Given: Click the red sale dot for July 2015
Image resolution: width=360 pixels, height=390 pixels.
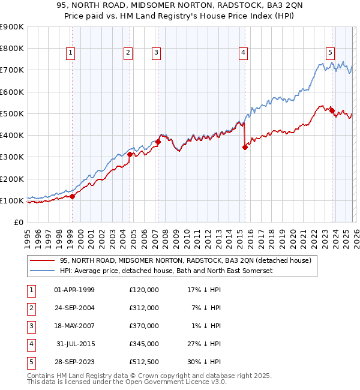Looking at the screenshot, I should pos(245,147).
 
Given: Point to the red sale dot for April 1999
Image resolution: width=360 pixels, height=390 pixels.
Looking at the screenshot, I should pos(72,196).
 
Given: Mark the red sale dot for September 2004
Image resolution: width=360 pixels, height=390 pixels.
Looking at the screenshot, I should pos(130,154).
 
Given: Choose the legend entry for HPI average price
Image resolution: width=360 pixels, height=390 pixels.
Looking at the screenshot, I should pos(166,271).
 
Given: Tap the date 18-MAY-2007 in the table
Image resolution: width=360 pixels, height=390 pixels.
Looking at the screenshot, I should pos(74,326).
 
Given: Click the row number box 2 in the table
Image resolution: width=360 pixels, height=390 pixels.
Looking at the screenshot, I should pos(30,308).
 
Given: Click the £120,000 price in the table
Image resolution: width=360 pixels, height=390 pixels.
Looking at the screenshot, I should pos(144,290).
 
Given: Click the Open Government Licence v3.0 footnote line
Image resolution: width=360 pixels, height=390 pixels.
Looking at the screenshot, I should pos(118,382).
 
